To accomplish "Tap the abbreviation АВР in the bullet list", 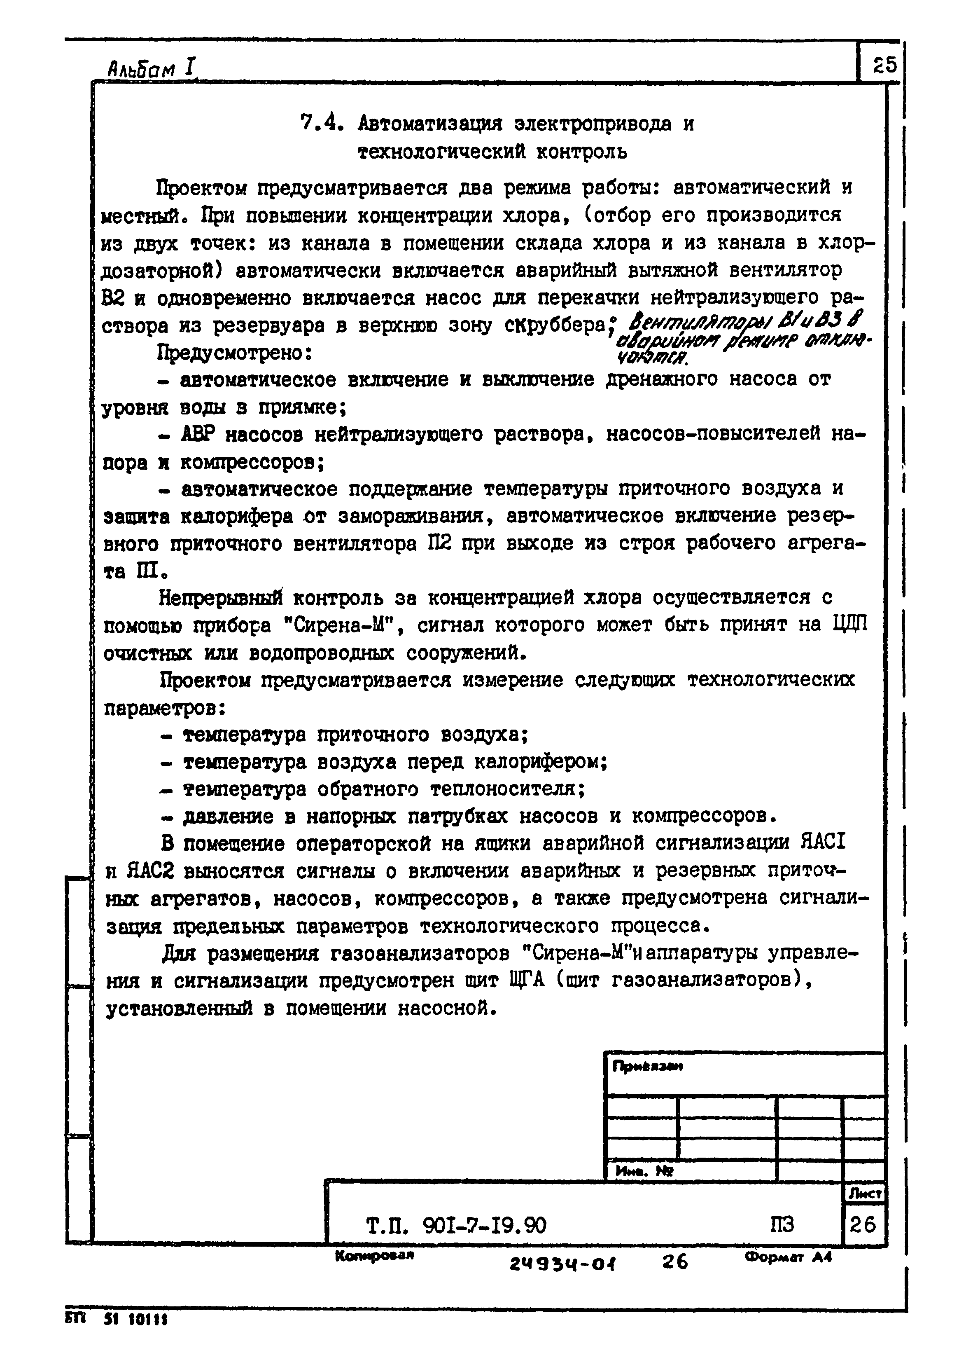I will coord(197,434).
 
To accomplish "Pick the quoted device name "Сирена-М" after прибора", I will coord(341,625).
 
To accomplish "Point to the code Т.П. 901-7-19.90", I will coord(456,1225).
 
